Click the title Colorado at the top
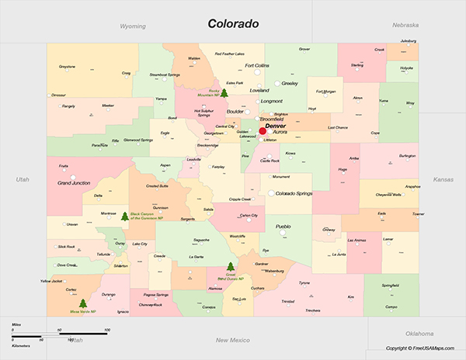(233, 23)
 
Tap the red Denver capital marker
(263, 131)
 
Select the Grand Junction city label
(75, 183)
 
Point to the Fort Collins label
(257, 66)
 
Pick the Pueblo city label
(283, 226)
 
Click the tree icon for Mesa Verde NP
(83, 303)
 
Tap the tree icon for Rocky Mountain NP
(224, 93)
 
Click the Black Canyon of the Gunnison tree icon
(125, 216)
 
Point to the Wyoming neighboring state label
(133, 26)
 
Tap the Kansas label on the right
(443, 179)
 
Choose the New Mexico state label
(232, 340)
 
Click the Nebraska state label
(405, 25)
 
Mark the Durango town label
(108, 295)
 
